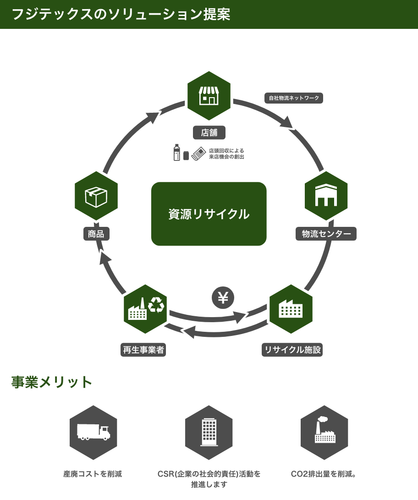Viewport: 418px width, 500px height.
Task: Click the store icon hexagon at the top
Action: [x=209, y=95]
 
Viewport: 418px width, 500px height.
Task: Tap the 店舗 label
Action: [x=209, y=133]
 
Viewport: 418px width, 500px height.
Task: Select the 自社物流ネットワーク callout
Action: [x=294, y=98]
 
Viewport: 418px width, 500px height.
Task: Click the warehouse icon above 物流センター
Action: [x=326, y=196]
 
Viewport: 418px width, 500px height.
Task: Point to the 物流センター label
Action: [x=326, y=234]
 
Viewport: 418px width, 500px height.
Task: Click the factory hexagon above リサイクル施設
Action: [x=291, y=309]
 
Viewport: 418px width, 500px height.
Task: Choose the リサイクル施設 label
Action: [x=292, y=350]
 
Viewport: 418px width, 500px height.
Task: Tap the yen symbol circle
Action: [x=223, y=298]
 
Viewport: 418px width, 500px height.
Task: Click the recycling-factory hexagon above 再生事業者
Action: [x=145, y=309]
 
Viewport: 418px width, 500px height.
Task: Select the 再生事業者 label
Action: [x=143, y=350]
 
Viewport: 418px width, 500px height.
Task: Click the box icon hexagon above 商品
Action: [x=96, y=196]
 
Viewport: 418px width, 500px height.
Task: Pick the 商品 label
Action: [x=96, y=234]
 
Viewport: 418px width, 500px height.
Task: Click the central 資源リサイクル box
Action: [x=209, y=214]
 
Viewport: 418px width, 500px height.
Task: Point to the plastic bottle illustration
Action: [x=177, y=153]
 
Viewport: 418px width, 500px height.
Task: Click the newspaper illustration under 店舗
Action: [x=198, y=154]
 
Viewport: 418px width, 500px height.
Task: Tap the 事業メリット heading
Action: [x=52, y=382]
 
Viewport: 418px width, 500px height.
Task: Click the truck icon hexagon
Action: [x=93, y=432]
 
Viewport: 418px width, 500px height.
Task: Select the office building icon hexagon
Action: [x=209, y=432]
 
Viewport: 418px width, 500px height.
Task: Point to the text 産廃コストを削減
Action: [x=93, y=474]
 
